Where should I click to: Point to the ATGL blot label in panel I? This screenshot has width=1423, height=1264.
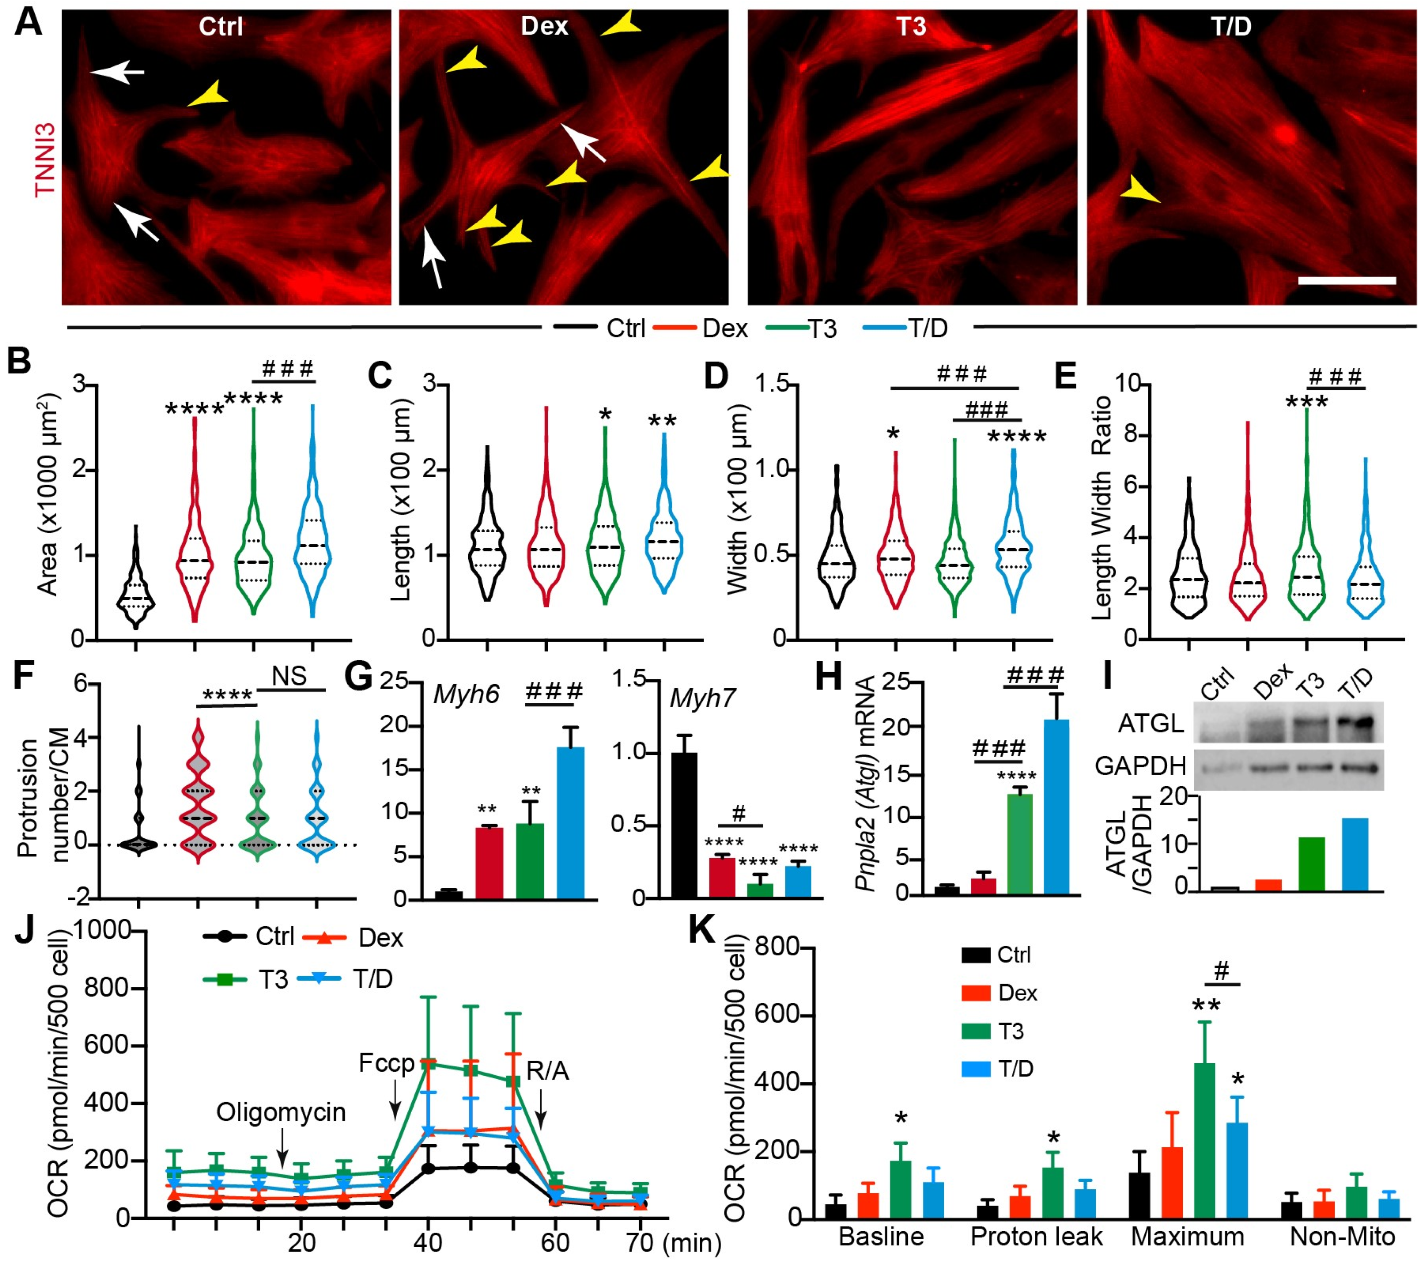tap(1150, 724)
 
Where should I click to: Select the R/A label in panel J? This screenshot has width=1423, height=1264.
tap(548, 1071)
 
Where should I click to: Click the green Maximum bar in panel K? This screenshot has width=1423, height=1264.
tap(1205, 1142)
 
